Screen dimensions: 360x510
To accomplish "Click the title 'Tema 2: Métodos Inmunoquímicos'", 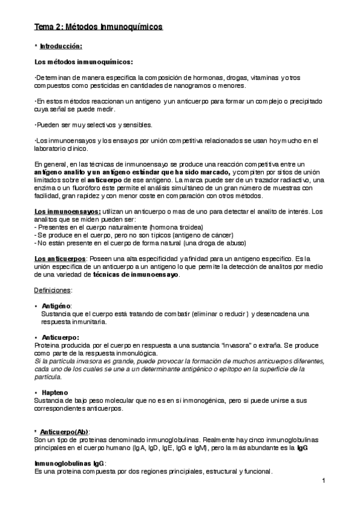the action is coord(97,28).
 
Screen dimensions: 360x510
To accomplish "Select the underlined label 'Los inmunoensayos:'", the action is coord(59,211).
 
